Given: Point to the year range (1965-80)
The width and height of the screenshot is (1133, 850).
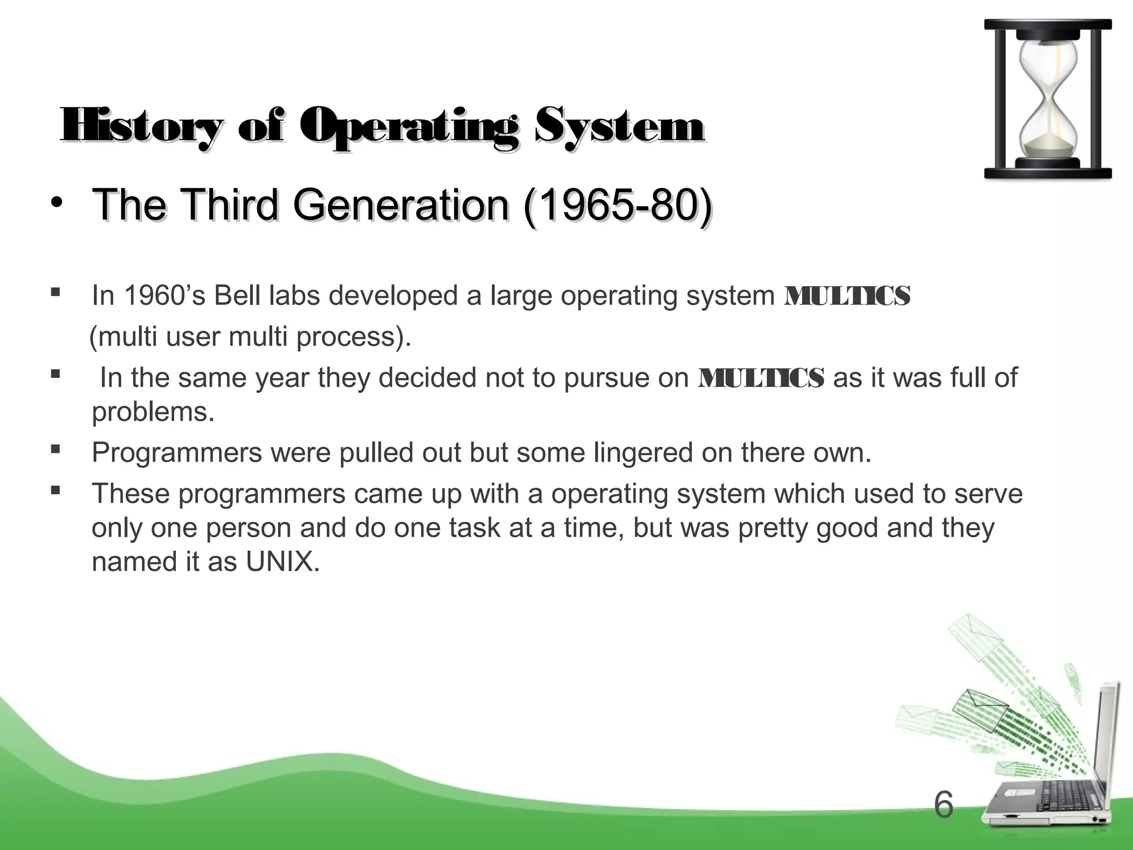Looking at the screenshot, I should click(x=616, y=205).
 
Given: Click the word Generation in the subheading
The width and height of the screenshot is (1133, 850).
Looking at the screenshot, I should click(x=400, y=205).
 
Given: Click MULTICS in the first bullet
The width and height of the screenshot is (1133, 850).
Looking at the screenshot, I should click(x=847, y=296).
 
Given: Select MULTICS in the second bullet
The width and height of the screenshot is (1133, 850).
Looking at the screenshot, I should click(x=761, y=378).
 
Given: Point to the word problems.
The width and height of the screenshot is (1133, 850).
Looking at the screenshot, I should click(x=153, y=412).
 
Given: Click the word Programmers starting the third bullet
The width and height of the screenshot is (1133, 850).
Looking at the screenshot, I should click(x=176, y=453).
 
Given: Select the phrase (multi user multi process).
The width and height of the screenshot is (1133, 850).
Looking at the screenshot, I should click(x=250, y=336).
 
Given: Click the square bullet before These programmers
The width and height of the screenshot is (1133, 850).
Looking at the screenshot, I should click(x=55, y=490).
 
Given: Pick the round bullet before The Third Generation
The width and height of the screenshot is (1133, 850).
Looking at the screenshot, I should click(x=56, y=204).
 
